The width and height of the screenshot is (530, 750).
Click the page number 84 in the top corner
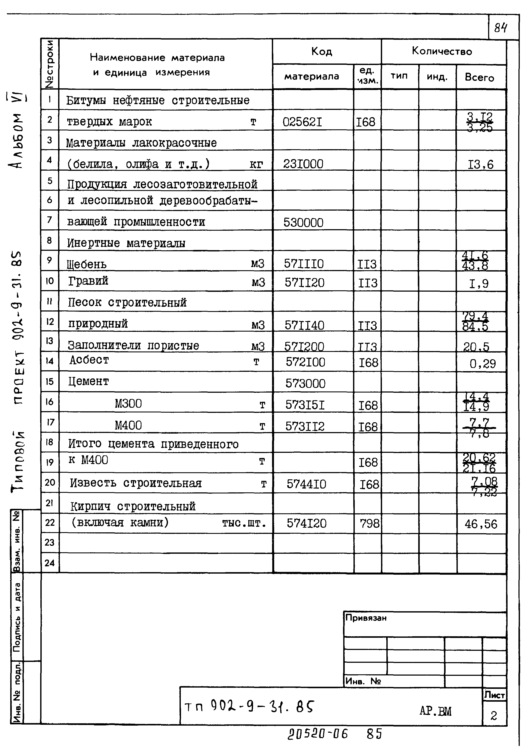(501, 28)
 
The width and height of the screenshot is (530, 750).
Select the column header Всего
(479, 77)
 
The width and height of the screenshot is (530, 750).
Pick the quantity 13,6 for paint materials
(480, 165)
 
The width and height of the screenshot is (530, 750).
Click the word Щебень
(87, 264)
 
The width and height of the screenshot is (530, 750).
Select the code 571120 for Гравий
(304, 283)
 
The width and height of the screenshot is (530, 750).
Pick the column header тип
(399, 76)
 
